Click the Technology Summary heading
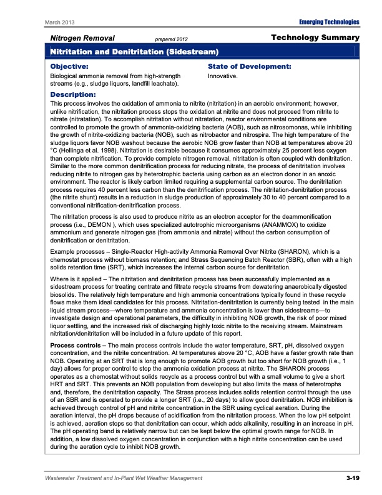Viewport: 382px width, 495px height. coord(316,38)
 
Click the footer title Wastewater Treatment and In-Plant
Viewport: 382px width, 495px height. coord(106,478)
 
